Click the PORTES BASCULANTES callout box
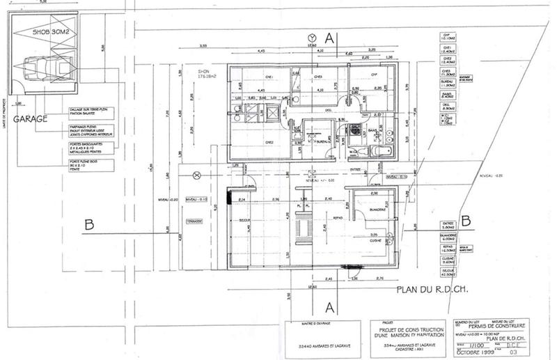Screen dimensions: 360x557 tap(91, 150)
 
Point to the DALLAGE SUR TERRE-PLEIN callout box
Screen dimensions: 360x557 tap(91, 111)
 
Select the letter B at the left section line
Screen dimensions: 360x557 tap(88, 224)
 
